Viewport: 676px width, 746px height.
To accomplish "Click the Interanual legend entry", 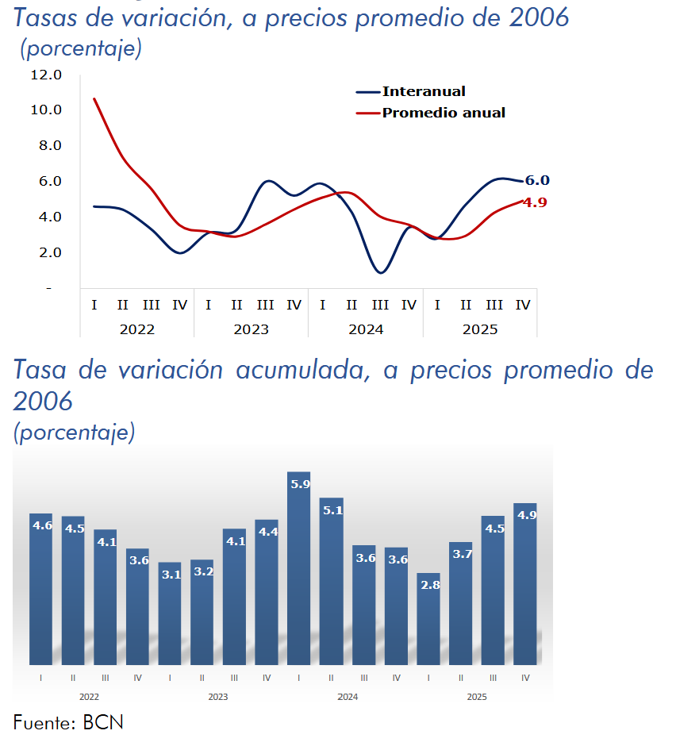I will pos(424,91).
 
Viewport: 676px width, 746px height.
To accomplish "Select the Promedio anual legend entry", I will pos(444,113).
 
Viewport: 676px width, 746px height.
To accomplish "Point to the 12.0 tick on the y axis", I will pos(45,75).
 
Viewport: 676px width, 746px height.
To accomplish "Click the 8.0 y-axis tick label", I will pos(45,145).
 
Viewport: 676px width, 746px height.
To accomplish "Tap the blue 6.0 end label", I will pos(537,180).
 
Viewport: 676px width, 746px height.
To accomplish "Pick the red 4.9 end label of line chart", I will pos(536,202).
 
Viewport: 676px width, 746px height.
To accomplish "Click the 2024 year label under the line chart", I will pos(365,329).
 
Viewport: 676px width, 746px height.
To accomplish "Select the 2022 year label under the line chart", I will pos(136,329).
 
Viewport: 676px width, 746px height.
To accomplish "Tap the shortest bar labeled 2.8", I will pos(428,618).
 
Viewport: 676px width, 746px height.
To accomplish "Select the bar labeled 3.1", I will pos(170,613).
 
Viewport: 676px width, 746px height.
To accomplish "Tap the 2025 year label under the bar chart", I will pos(477,697).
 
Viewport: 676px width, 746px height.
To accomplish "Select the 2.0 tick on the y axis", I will pos(45,252).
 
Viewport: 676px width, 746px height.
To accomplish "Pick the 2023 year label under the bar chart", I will pos(218,697).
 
